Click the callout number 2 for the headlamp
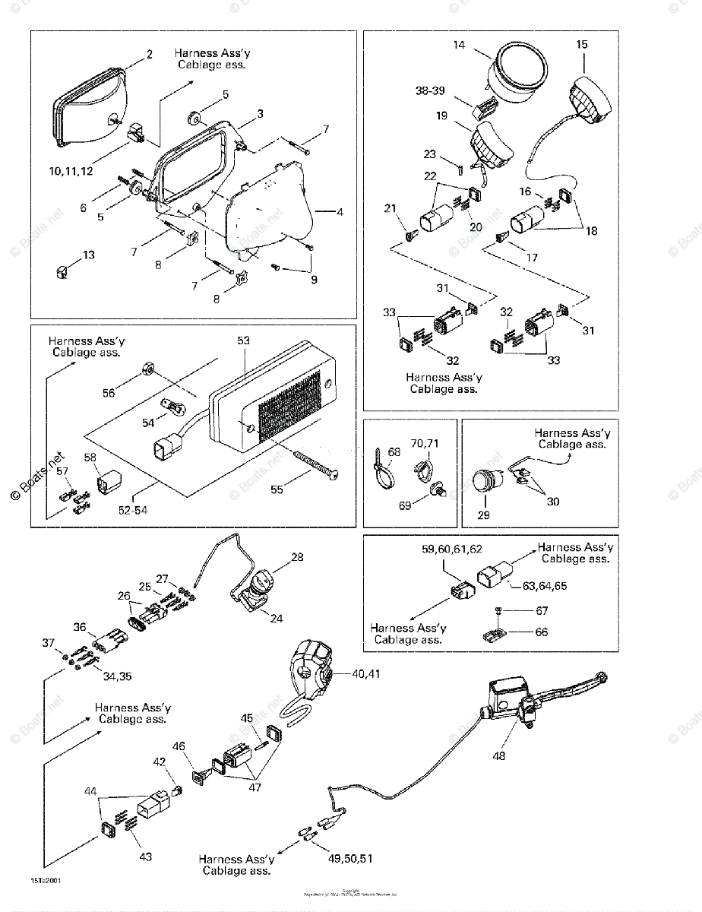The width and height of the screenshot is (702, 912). pyautogui.click(x=150, y=54)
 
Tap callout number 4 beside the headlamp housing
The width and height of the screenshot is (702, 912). pyautogui.click(x=340, y=212)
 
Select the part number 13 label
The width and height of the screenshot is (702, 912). pyautogui.click(x=89, y=255)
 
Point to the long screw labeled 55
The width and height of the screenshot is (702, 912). pyautogui.click(x=308, y=464)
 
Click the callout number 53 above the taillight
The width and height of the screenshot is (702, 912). pyautogui.click(x=243, y=341)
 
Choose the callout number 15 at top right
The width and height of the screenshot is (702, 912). pyautogui.click(x=582, y=45)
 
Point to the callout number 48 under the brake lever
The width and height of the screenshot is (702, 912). pyautogui.click(x=498, y=756)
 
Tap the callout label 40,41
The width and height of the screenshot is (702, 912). pyautogui.click(x=368, y=673)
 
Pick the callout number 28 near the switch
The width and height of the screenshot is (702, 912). pyautogui.click(x=297, y=557)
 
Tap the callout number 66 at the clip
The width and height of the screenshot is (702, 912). pyautogui.click(x=541, y=632)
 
